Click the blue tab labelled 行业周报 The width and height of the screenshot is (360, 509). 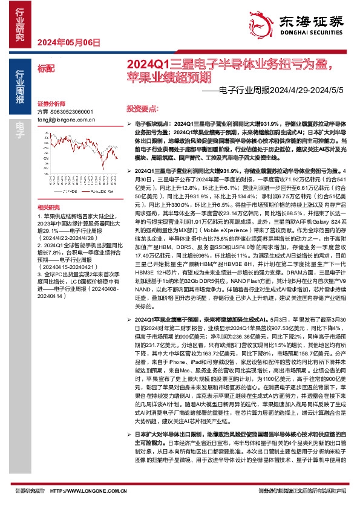(20, 85)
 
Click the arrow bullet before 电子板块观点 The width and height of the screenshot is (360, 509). (129, 122)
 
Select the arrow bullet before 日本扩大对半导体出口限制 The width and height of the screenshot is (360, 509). (129, 435)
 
